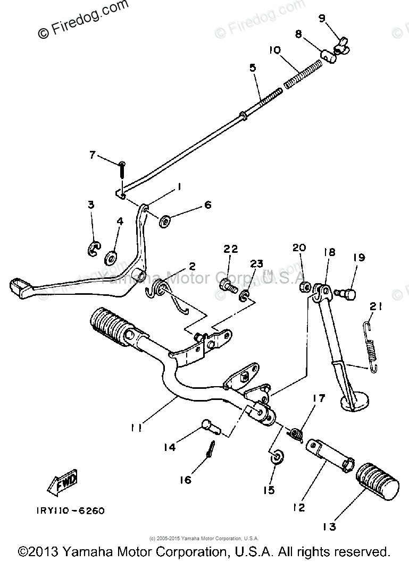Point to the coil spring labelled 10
click(304, 75)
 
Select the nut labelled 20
click(304, 287)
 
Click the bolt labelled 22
click(227, 285)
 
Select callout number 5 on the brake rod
click(252, 68)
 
